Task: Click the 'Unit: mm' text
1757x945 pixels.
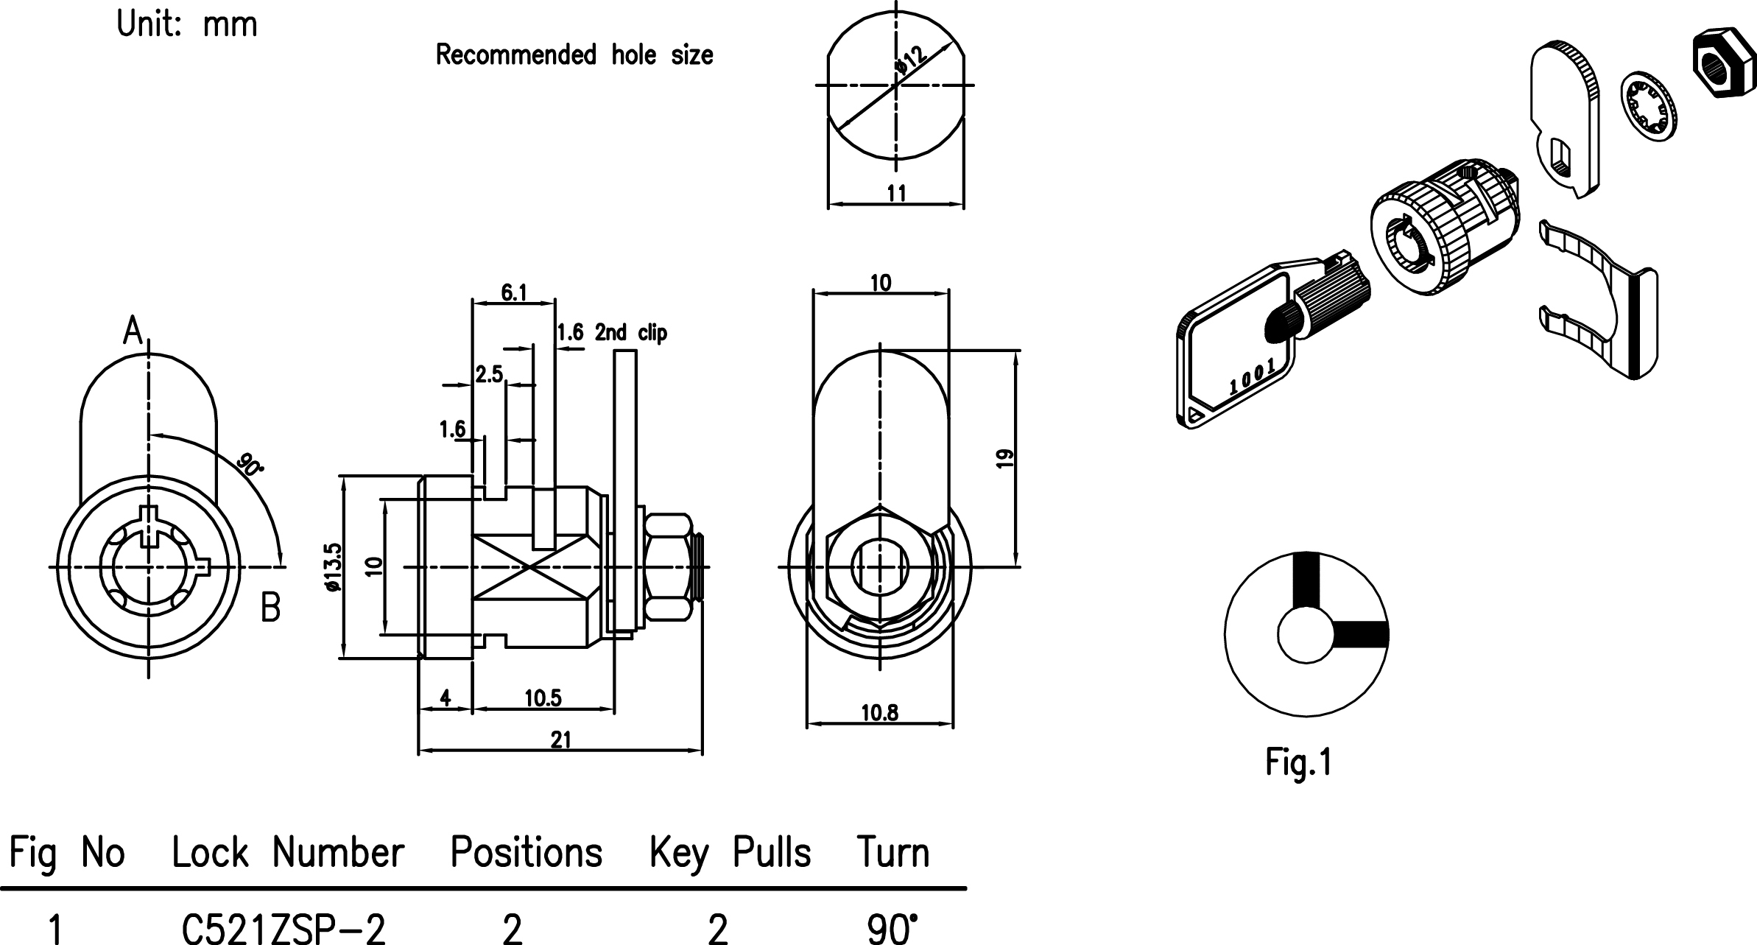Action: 187,25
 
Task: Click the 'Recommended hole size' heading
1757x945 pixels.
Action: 574,55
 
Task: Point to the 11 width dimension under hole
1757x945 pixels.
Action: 896,194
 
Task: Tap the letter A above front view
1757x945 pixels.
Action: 133,331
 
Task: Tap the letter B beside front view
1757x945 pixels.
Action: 270,608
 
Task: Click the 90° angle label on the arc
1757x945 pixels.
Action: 250,466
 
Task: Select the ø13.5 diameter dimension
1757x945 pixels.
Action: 333,567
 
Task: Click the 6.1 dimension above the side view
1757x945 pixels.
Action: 514,293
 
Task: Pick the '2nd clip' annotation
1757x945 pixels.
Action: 630,333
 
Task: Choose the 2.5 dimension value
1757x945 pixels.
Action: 488,374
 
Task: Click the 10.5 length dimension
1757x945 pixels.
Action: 543,698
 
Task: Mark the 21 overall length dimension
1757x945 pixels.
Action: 560,740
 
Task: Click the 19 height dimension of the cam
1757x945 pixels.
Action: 1004,458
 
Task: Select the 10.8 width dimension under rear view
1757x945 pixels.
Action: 880,713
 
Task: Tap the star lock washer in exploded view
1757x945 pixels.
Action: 1650,107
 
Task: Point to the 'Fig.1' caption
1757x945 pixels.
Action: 1298,762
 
